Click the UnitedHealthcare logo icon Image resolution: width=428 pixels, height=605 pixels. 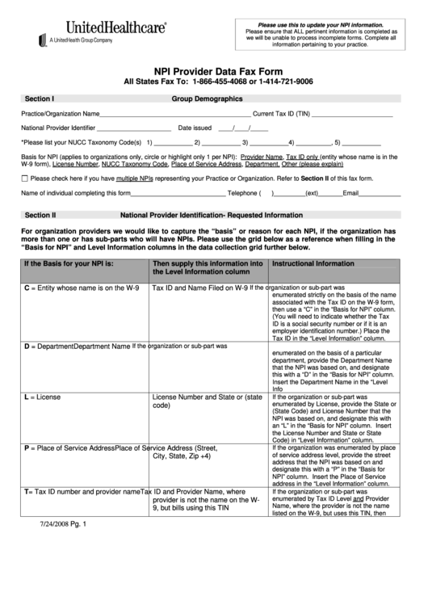pyautogui.click(x=42, y=40)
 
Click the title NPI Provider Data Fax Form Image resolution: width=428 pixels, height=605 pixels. pyautogui.click(x=213, y=70)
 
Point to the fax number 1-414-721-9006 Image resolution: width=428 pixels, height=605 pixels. pyautogui.click(x=285, y=82)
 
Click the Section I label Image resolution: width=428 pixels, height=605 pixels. pyautogui.click(x=39, y=99)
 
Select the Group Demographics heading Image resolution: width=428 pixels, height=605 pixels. pyautogui.click(x=207, y=99)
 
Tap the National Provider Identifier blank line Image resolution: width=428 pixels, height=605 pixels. pyautogui.click(x=133, y=128)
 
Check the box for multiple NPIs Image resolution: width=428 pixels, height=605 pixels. pyautogui.click(x=24, y=178)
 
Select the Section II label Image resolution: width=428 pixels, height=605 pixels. pyautogui.click(x=40, y=216)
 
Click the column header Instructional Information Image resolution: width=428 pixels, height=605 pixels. pyautogui.click(x=313, y=264)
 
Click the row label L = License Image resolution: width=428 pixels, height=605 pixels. pyautogui.click(x=42, y=397)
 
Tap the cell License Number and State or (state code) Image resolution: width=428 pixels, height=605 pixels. pyautogui.click(x=207, y=401)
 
